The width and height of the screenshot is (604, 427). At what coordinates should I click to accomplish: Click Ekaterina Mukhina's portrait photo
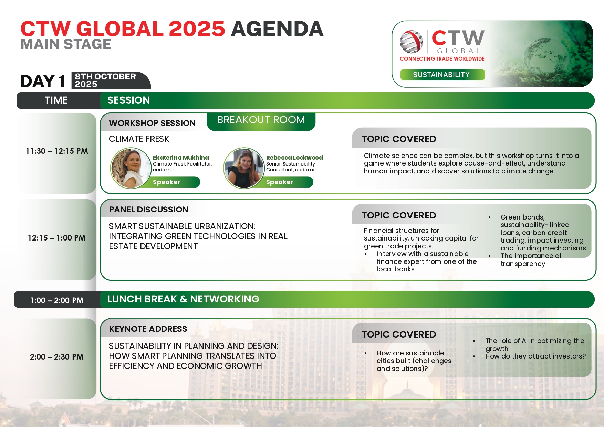point(131,168)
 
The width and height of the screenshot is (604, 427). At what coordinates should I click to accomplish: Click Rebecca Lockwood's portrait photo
point(244,168)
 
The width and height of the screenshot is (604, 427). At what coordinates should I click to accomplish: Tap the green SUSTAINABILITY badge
point(442,75)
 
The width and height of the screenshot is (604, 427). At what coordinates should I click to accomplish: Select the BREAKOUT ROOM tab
point(261,120)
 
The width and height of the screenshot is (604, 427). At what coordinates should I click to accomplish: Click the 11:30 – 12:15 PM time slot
point(57,151)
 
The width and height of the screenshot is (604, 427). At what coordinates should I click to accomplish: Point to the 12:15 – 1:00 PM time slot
point(57,238)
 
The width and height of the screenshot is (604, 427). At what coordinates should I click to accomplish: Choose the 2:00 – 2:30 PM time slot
point(57,357)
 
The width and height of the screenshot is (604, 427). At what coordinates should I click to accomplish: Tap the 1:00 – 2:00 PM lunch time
point(57,300)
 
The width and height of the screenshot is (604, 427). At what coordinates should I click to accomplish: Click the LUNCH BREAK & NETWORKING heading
point(183,299)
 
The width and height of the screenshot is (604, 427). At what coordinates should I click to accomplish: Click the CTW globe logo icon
point(412,42)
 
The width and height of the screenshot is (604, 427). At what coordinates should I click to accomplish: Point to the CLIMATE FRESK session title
point(139,139)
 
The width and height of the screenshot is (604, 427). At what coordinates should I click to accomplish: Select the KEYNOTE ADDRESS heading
point(148,329)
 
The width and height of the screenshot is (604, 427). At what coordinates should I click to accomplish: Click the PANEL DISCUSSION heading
point(149,210)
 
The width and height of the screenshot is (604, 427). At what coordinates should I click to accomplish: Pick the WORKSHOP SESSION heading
point(152,123)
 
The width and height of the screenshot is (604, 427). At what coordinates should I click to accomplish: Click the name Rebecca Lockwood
point(294,158)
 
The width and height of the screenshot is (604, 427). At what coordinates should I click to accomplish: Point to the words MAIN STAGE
point(66,44)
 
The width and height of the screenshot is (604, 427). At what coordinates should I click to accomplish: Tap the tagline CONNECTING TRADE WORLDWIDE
point(442,59)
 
